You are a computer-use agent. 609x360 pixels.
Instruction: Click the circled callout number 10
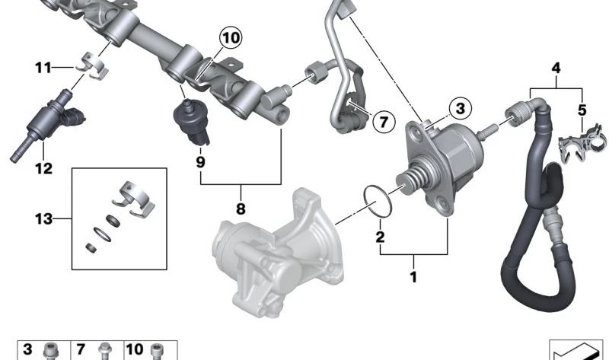tap(231, 37)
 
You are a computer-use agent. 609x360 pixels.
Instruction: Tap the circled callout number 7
tap(384, 122)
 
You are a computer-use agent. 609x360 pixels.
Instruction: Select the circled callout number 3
tap(461, 108)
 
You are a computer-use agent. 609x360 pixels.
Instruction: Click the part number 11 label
tap(43, 68)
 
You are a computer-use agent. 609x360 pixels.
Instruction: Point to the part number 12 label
tap(43, 168)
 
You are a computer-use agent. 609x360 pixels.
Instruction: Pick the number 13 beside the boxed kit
tap(43, 219)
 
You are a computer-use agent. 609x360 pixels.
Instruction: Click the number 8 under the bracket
tap(241, 209)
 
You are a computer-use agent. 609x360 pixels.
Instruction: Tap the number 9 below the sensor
tap(200, 161)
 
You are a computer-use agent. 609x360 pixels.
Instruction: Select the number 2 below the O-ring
tap(380, 237)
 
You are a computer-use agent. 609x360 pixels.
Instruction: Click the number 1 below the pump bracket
tap(413, 277)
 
